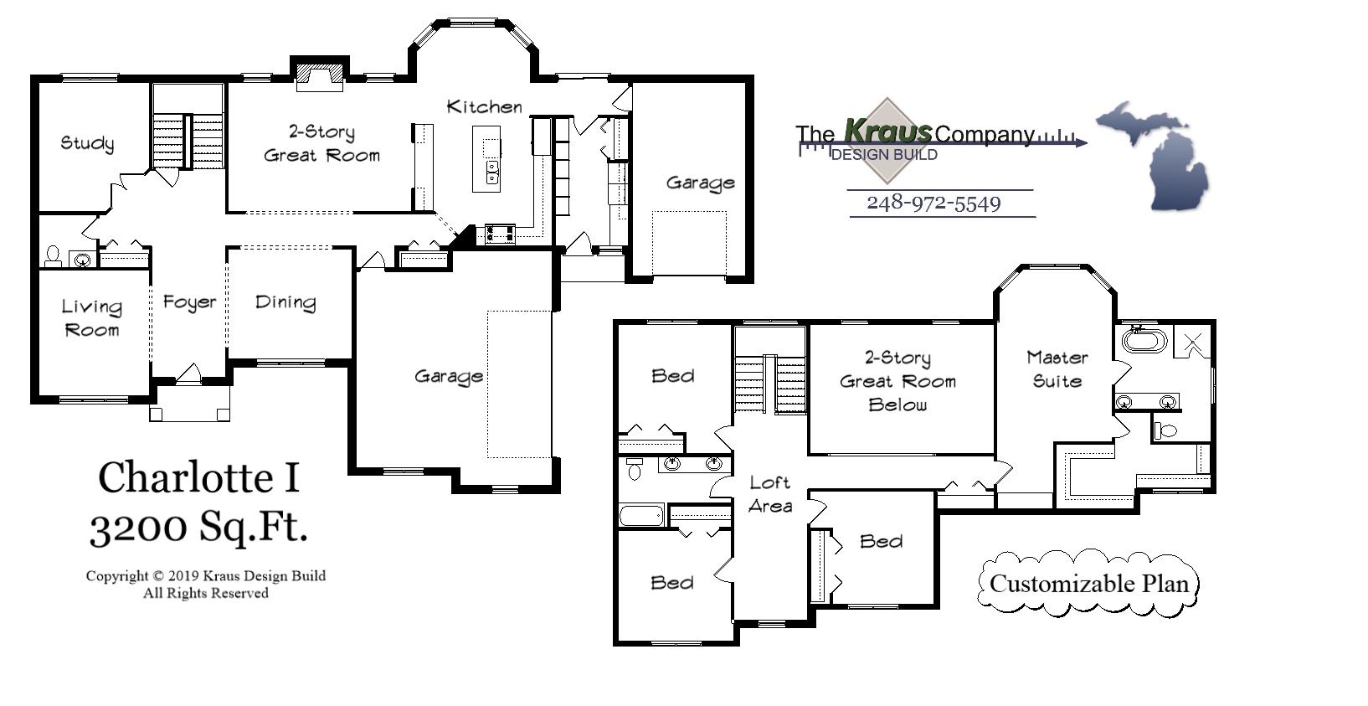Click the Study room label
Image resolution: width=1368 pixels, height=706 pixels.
point(87,143)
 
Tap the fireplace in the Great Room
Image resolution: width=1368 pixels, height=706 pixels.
point(320,75)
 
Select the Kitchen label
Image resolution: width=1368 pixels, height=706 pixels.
point(484,107)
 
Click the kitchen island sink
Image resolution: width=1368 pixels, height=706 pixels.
point(492,173)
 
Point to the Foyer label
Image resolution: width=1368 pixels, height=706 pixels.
point(189,302)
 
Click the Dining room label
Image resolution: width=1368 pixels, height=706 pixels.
point(285,302)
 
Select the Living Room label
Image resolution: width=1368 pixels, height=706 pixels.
point(92,318)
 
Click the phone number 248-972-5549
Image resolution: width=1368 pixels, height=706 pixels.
point(933,204)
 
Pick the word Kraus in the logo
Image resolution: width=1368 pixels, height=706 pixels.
point(887,131)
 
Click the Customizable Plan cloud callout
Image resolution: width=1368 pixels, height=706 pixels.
point(1088,584)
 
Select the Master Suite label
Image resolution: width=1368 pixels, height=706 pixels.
point(1057,369)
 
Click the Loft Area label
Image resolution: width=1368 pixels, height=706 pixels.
point(770,494)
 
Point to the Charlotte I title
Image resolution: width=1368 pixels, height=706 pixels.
point(198,478)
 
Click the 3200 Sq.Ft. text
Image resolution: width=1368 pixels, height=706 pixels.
point(198,528)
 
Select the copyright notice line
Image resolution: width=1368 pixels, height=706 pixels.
point(205,576)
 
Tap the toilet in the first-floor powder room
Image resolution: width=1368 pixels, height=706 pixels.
point(53,255)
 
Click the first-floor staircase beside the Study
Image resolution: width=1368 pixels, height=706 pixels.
point(188,140)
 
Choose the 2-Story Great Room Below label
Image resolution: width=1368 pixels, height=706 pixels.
point(897,381)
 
